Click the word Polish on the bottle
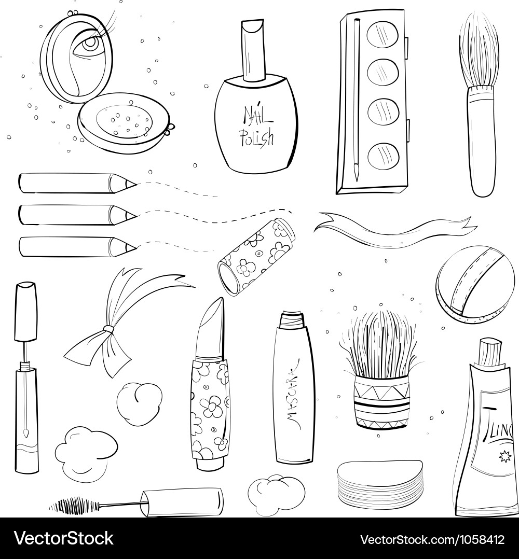(x=256, y=137)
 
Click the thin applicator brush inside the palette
(x=356, y=99)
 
